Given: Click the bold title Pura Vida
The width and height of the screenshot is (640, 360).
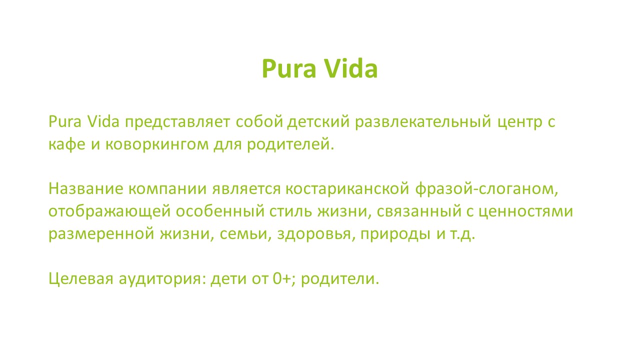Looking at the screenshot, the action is pyautogui.click(x=319, y=68).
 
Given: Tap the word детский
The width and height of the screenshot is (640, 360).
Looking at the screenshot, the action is pyautogui.click(x=318, y=121).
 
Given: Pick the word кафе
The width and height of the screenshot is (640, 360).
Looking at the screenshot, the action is pyautogui.click(x=67, y=143).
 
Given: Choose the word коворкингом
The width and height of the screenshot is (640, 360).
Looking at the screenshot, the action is pyautogui.click(x=157, y=144).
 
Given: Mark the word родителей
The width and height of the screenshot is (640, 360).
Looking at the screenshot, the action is pyautogui.click(x=288, y=144).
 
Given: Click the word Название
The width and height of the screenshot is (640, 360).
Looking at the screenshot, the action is pyautogui.click(x=86, y=189).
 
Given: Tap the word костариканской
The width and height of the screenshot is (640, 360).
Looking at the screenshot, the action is pyautogui.click(x=347, y=189).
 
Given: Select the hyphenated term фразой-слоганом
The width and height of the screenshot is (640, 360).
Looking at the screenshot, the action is pyautogui.click(x=484, y=189).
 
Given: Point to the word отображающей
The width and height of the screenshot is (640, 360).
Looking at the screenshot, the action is pyautogui.click(x=109, y=211).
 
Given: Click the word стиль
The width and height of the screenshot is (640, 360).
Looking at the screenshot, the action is pyautogui.click(x=291, y=211).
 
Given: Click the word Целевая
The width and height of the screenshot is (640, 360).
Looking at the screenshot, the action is pyautogui.click(x=81, y=279).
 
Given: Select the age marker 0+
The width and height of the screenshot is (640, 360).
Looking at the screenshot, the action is pyautogui.click(x=282, y=278).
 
